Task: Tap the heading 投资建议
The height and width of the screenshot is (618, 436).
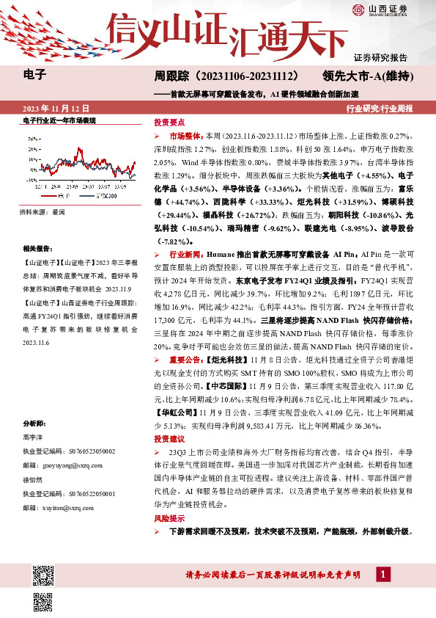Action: point(169,437)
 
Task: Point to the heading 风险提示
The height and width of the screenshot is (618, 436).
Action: point(169,518)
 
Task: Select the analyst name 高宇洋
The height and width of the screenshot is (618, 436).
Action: point(34,438)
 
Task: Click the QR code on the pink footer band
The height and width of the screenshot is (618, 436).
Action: point(44,572)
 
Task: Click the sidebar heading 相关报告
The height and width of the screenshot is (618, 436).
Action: point(36,250)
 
